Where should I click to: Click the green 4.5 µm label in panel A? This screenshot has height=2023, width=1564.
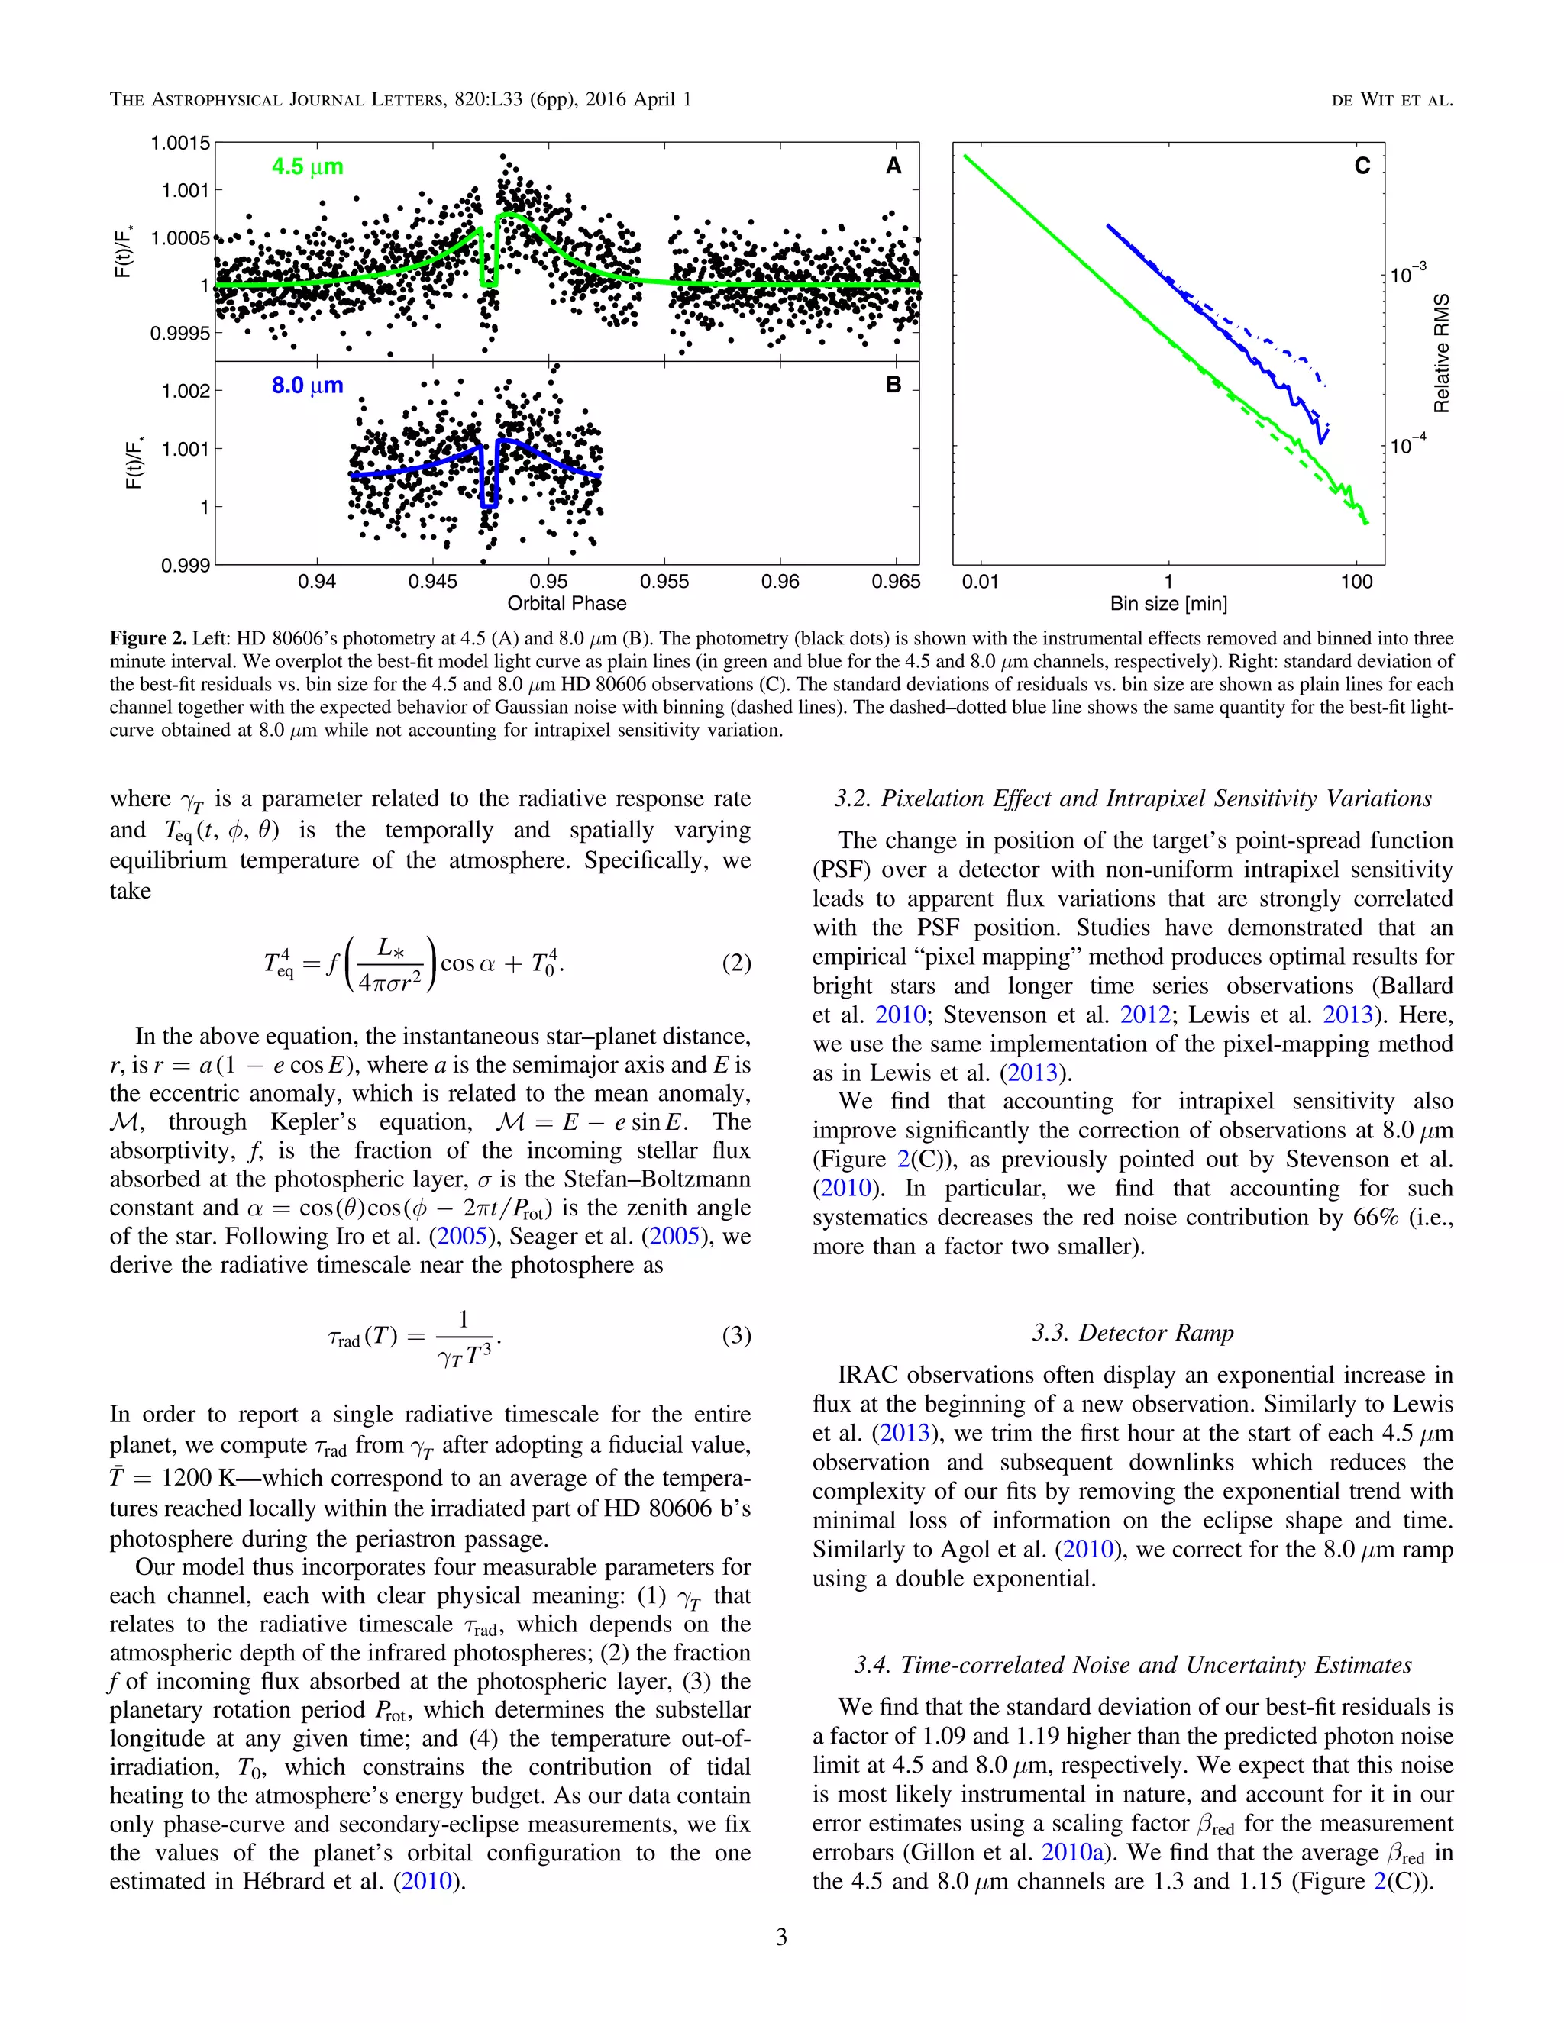(307, 166)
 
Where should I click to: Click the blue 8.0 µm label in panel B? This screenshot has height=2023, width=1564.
(307, 386)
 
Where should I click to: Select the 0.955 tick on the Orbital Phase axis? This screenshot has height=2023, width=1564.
(664, 582)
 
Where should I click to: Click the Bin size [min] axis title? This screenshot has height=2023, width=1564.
(1168, 604)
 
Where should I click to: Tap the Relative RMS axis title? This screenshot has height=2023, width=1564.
(1442, 353)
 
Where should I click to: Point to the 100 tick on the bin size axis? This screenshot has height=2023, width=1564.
(1356, 582)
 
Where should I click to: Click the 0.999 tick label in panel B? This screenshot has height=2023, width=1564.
(186, 565)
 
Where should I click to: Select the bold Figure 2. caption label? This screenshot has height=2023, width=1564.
(148, 639)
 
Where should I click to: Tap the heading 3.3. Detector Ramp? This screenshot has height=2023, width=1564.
(1133, 1333)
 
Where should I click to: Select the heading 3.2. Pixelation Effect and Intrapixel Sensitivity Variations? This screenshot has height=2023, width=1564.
(1133, 799)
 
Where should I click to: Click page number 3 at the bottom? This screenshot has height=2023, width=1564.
(781, 1937)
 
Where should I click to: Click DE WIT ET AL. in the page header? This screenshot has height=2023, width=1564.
(1391, 100)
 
